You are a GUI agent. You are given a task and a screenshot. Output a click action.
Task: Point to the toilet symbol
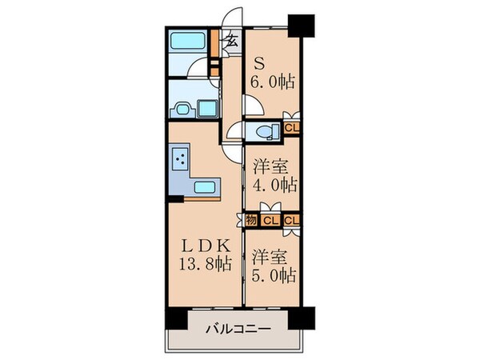pyautogui.click(x=261, y=130)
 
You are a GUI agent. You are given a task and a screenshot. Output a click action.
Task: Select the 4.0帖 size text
pyautogui.click(x=276, y=185)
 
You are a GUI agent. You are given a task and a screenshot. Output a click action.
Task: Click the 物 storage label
pyautogui.click(x=252, y=220)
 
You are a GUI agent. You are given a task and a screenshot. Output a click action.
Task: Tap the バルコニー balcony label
pyautogui.click(x=238, y=329)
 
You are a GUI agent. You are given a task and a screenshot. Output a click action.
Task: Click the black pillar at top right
pyautogui.click(x=300, y=24)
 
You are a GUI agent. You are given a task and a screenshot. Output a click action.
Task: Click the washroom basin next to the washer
pyautogui.click(x=209, y=107)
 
